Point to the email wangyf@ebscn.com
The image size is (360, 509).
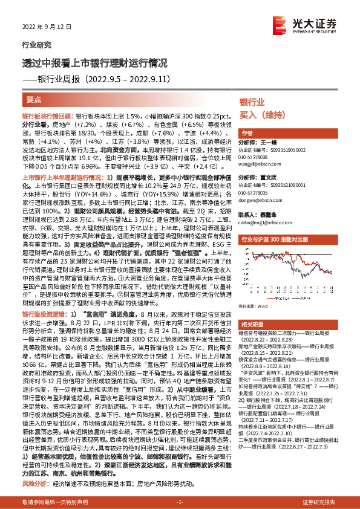point(257,163)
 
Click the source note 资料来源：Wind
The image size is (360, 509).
point(254,307)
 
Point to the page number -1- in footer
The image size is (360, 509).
point(179,502)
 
